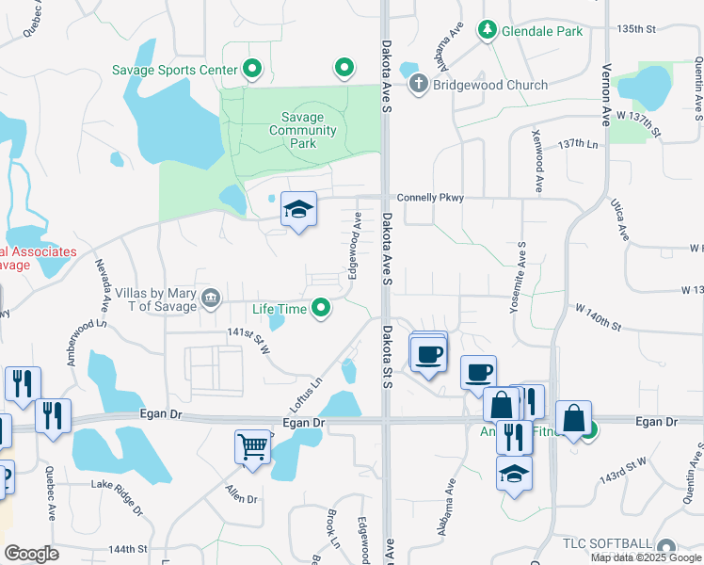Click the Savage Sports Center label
tap(173, 70)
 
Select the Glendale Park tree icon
tap(488, 31)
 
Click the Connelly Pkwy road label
tap(431, 198)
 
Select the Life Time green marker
tap(322, 308)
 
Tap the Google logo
tap(31, 554)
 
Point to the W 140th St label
tap(599, 317)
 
